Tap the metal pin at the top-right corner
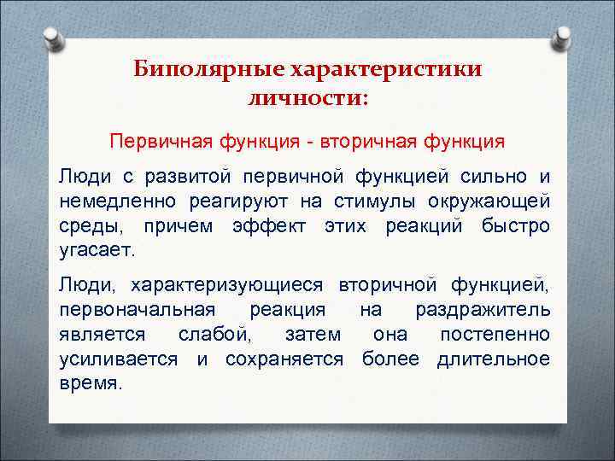(x=561, y=38)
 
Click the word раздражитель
(x=483, y=309)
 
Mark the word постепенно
(x=495, y=334)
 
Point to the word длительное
(x=494, y=359)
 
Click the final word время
(x=91, y=383)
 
